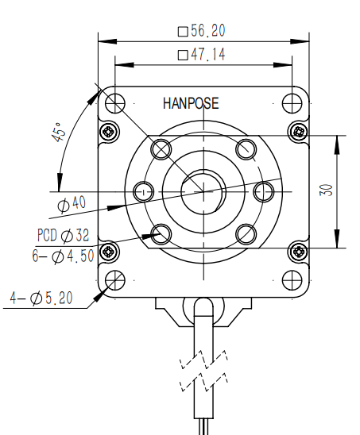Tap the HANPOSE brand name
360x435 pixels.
191,103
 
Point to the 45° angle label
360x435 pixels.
58,133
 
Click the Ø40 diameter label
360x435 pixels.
72,204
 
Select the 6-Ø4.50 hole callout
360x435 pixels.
64,256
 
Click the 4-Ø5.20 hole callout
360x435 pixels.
41,298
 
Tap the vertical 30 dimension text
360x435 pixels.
327,191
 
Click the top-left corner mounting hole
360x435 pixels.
115,102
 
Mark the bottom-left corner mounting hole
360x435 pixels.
115,279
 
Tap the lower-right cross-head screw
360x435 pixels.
299,252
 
